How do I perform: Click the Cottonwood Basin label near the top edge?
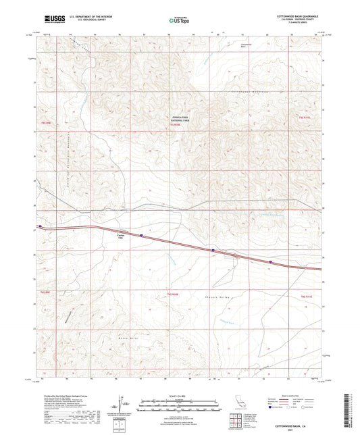pos(246,45)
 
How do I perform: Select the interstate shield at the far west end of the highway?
pos(40,226)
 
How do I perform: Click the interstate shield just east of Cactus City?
pos(141,236)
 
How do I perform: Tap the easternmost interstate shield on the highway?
pos(271,261)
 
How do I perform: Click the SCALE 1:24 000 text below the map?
pos(179,394)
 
